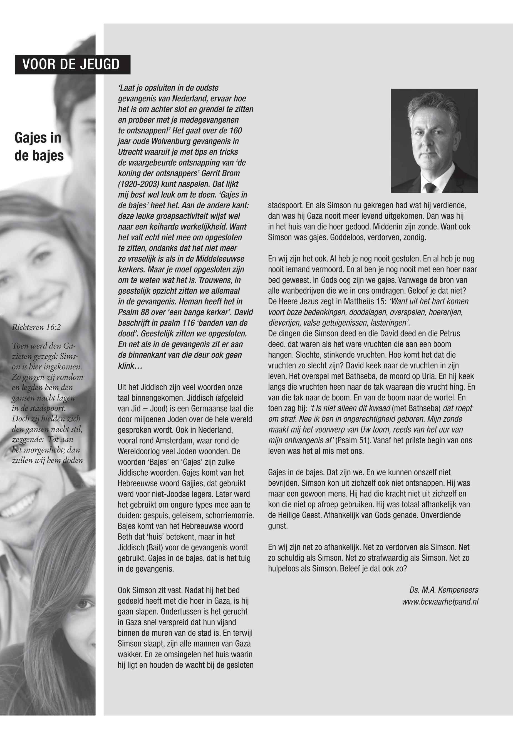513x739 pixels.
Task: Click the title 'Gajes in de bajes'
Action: click(x=39, y=146)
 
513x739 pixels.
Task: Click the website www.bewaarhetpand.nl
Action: click(x=440, y=601)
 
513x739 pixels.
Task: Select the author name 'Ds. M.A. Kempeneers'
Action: click(x=443, y=590)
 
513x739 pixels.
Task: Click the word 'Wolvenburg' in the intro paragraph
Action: click(x=175, y=141)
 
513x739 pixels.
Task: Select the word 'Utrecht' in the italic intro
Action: click(x=130, y=152)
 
